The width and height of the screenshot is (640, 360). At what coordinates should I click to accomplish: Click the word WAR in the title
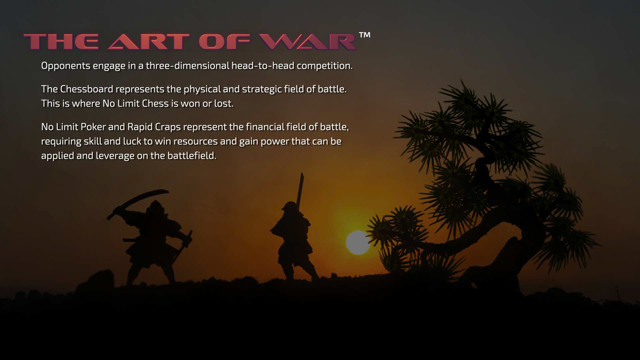pos(308,42)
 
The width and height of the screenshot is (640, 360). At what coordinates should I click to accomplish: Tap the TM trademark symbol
pos(365,35)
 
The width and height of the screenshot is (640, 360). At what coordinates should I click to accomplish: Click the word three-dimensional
pos(187,65)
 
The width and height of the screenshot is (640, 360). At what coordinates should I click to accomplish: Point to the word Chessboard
pos(87,89)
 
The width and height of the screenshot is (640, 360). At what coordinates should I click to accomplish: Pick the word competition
pos(324,66)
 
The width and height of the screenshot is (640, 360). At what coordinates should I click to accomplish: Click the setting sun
pos(358,242)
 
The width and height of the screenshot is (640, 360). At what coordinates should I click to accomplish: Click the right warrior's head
pos(289,207)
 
